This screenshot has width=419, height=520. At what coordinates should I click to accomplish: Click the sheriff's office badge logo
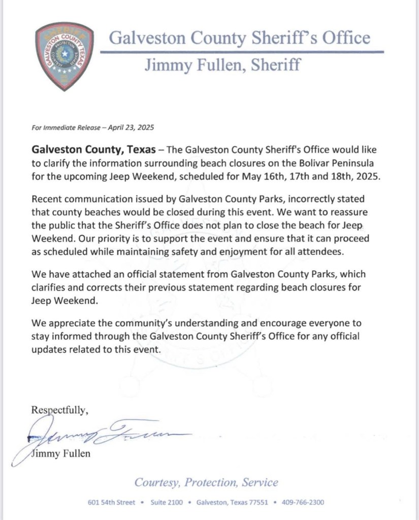point(65,56)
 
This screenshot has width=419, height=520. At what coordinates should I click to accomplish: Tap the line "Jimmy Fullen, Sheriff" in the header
point(222,65)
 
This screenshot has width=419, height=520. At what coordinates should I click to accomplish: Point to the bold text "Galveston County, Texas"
point(92,150)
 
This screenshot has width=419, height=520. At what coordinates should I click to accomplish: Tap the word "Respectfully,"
point(60,410)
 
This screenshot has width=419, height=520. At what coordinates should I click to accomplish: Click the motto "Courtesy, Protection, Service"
point(206,482)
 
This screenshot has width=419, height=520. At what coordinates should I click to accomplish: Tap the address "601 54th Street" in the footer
point(111,502)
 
